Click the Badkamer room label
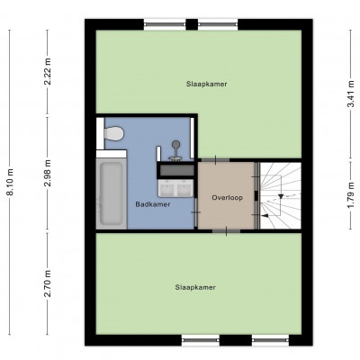[153, 204]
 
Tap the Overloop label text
[227, 198]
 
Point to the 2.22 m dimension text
[48, 71]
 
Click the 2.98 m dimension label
[48, 173]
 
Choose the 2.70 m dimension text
[48, 283]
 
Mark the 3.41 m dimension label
[351, 94]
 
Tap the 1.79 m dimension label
[351, 193]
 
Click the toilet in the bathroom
[111, 133]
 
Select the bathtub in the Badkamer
[112, 193]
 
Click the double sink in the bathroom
[175, 188]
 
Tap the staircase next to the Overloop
[280, 195]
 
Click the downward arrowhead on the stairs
[281, 196]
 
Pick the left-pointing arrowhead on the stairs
[264, 215]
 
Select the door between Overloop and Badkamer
[196, 212]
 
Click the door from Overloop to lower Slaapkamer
[226, 230]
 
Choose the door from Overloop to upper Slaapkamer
[215, 160]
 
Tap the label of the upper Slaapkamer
[206, 84]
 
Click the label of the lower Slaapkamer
[195, 287]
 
